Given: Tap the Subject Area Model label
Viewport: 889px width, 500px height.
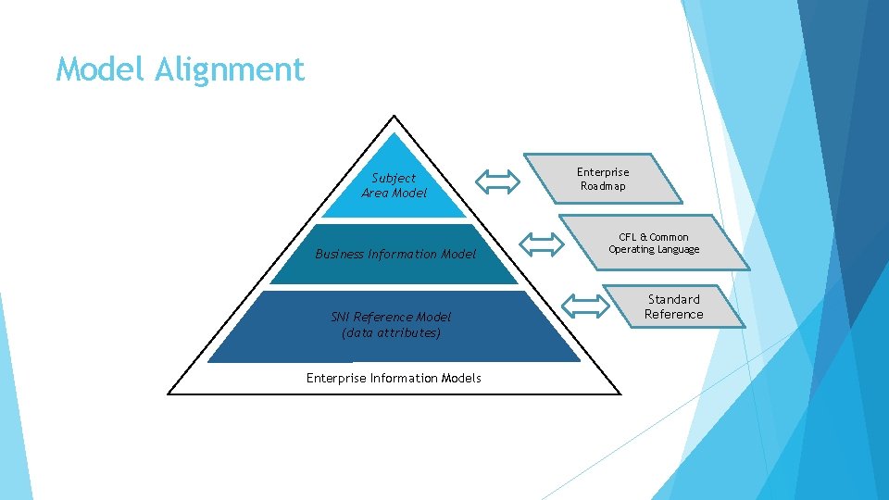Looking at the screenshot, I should pos(394,185).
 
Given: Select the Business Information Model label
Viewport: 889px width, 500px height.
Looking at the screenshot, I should pos(395,254).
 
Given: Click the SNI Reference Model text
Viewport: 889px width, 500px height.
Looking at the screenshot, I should pos(391,317).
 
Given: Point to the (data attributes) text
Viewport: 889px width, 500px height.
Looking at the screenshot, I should pos(391,332).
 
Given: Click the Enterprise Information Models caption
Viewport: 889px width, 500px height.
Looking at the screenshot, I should pos(394,378).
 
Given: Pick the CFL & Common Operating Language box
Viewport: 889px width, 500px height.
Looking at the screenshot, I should pos(654,244).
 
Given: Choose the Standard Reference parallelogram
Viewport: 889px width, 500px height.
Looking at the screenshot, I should pos(674,306).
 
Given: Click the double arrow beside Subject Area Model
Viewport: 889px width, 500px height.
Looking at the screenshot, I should pos(497,181).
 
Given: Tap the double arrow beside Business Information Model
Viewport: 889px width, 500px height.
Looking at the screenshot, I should pos(542,244).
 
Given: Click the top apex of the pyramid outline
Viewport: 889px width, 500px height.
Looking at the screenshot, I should pos(394,117).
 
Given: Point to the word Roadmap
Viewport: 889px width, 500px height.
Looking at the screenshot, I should pos(603,186).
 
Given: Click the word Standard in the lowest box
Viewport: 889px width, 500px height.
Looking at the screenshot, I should pos(674,299).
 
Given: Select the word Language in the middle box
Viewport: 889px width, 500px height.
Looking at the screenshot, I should pos(679,250).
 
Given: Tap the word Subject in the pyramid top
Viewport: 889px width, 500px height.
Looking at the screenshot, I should pos(394,178).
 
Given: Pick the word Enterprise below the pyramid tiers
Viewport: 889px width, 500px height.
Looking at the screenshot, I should pos(336,378).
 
